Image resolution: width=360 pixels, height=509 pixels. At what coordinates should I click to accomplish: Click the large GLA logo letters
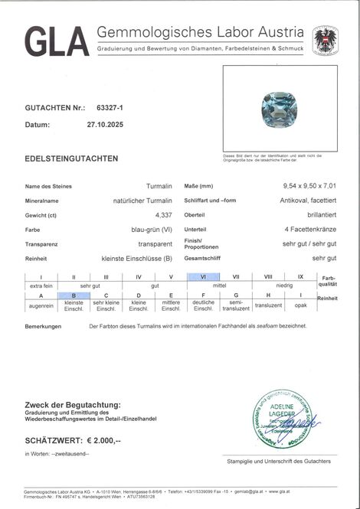point(57,41)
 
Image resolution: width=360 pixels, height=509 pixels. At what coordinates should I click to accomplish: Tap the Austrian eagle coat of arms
point(325,40)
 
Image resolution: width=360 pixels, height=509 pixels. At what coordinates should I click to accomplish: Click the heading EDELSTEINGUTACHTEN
point(71,158)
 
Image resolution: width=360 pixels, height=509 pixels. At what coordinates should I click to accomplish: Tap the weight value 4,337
point(163,215)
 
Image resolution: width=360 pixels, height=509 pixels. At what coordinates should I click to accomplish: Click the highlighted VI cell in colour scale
point(203,276)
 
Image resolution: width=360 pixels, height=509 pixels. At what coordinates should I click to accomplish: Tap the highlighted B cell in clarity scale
point(74,295)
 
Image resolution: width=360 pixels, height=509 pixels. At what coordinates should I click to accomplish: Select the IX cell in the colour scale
point(300,276)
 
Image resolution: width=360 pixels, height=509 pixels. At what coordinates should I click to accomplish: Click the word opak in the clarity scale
point(300,305)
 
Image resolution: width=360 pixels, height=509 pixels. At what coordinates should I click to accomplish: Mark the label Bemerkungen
point(43,326)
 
